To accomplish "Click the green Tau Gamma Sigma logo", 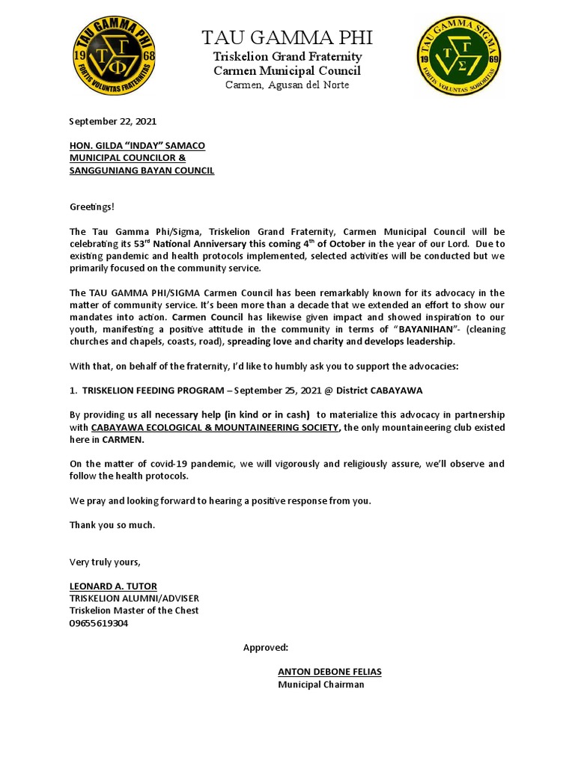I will pyautogui.click(x=460, y=58).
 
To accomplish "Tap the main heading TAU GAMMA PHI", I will pyautogui.click(x=287, y=37).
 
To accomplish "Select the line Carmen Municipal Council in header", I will pyautogui.click(x=287, y=71).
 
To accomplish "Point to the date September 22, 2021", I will pyautogui.click(x=113, y=121).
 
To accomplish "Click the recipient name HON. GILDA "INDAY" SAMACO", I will pyautogui.click(x=137, y=145).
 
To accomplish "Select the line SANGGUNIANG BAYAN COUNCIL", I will pyautogui.click(x=142, y=171).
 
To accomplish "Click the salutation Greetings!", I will pyautogui.click(x=92, y=206).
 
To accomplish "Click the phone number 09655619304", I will pyautogui.click(x=99, y=623).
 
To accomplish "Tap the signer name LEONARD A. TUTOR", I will pyautogui.click(x=113, y=586).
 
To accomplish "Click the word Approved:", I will pyautogui.click(x=266, y=647).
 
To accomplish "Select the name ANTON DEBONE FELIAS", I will pyautogui.click(x=329, y=672).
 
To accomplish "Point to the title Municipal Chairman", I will pyautogui.click(x=321, y=684).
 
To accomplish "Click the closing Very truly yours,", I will pyautogui.click(x=105, y=562).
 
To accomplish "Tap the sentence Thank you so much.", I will pyautogui.click(x=112, y=525).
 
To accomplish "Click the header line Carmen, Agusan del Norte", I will pyautogui.click(x=287, y=85).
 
